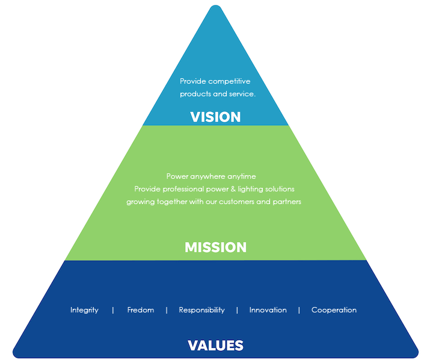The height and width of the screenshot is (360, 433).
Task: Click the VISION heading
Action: pos(215,117)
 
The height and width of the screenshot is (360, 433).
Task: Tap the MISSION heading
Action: pos(215,247)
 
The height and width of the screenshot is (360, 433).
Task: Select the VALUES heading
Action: pos(215,346)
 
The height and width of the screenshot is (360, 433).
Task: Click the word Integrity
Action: pos(84,310)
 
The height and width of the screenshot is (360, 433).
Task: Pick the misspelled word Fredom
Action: pos(141,310)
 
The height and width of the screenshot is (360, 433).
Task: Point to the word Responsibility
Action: pos(201,310)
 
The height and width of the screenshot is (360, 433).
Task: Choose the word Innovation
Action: pos(268,310)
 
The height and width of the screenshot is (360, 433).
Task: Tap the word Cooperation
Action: pos(334,310)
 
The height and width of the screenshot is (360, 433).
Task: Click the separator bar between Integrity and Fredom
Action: pos(113,310)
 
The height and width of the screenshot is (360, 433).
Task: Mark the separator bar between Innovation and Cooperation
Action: pos(299,310)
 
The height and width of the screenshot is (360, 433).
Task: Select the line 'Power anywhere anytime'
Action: pos(211,176)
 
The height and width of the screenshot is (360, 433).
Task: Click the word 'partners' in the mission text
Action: pos(286,202)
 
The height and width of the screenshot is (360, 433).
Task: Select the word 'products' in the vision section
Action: pos(194,94)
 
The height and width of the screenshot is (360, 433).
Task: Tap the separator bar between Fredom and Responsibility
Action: pos(167,310)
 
